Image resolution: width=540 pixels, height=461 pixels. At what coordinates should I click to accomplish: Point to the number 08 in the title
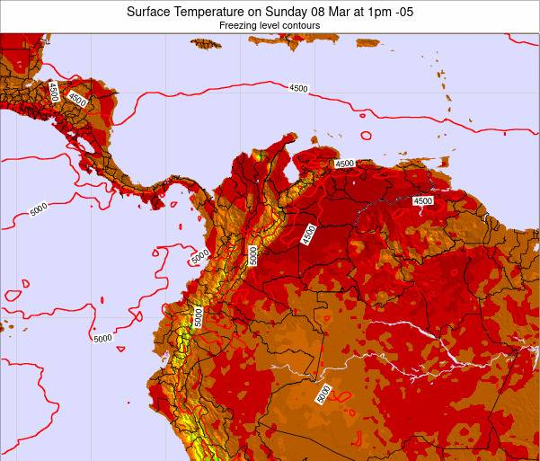[x=332, y=12]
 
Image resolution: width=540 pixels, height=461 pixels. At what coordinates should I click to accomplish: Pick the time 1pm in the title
[x=388, y=12]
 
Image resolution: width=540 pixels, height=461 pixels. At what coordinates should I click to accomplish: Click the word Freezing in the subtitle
[x=236, y=26]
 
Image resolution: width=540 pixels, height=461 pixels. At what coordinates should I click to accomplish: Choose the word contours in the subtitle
[x=302, y=26]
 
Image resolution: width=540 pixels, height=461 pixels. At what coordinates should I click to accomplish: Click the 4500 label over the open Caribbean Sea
[x=298, y=88]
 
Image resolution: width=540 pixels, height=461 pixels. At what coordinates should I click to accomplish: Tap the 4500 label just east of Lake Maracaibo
[x=343, y=164]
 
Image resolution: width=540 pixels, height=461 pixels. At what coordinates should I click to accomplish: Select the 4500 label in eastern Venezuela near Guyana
[x=422, y=201]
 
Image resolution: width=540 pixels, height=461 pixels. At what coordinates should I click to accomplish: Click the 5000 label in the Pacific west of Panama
[x=38, y=210]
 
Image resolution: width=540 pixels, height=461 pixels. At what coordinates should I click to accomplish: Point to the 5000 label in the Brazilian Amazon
[x=323, y=394]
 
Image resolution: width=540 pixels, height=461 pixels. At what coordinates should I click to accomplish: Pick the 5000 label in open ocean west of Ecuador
[x=102, y=338]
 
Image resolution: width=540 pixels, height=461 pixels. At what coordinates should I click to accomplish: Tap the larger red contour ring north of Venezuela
[x=366, y=136]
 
